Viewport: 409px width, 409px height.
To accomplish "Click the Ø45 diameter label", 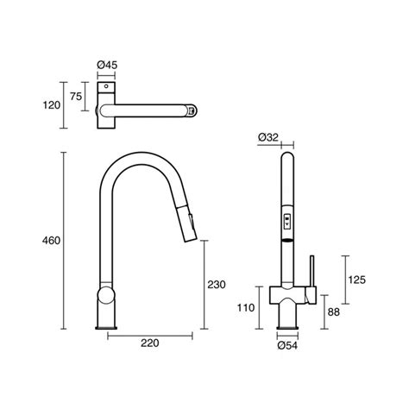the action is [x=107, y=65].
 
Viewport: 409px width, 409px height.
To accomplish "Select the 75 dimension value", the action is [x=76, y=97].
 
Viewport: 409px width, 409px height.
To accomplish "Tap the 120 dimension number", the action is [x=52, y=105].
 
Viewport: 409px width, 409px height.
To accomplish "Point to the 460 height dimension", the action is [x=51, y=241].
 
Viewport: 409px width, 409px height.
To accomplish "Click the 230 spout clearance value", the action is [x=217, y=285].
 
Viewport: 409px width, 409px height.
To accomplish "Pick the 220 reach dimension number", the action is [x=150, y=343].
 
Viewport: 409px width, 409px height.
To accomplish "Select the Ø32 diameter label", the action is [x=268, y=137].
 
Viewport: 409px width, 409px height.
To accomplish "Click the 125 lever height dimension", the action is [x=356, y=280].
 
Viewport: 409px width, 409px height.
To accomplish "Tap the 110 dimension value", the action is [x=246, y=308].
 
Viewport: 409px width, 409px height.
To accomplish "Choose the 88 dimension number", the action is [x=334, y=311].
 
